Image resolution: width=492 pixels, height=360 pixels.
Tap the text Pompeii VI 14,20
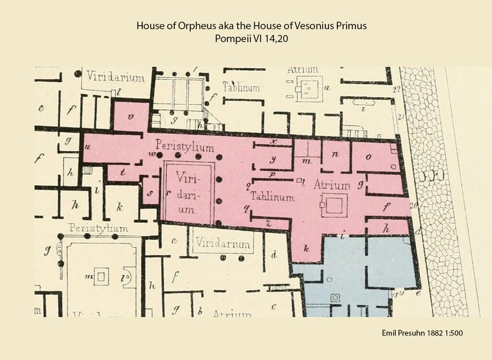click(x=251, y=39)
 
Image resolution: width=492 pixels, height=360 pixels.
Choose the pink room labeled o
click(x=369, y=156)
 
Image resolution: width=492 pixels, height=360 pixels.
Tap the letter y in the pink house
click(x=273, y=159)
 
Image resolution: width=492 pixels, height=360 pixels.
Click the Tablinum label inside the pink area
click(x=271, y=197)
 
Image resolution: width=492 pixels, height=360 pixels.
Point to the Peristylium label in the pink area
click(x=184, y=147)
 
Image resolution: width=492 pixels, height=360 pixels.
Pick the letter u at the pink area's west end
click(x=87, y=147)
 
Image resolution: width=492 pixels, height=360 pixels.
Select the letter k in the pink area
click(x=306, y=249)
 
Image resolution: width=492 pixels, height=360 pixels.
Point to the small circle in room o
click(x=394, y=167)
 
